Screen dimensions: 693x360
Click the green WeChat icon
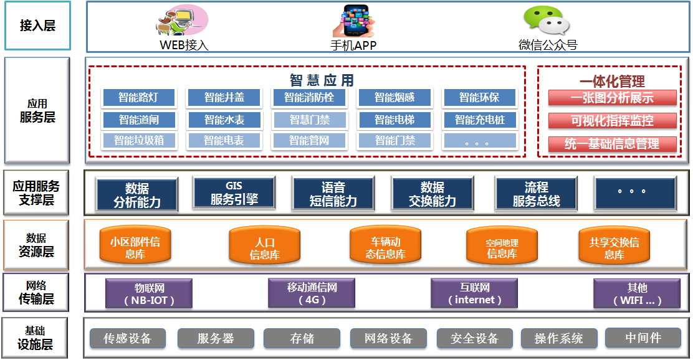pos(547,21)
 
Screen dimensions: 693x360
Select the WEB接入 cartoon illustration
pos(181,20)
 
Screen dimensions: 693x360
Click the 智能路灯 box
pos(139,98)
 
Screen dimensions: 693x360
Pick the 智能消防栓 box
pos(309,98)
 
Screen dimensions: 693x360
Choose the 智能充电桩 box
pos(479,120)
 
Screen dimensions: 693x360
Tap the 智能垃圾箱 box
pos(139,141)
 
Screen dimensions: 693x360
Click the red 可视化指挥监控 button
pos(612,121)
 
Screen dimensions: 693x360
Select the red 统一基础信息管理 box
pos(612,144)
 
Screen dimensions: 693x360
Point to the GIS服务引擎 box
pos(234,193)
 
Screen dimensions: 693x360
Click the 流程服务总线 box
pos(536,194)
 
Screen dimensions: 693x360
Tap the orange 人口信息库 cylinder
pos(264,245)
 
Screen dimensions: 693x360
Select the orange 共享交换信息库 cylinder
pos(614,245)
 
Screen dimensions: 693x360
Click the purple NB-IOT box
pos(149,294)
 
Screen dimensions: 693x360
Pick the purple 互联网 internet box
pos(474,293)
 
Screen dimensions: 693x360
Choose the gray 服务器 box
pos(216,338)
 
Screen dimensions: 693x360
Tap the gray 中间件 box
pos(643,338)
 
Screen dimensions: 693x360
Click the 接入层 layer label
pos(37,26)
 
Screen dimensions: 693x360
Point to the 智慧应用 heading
pos(322,80)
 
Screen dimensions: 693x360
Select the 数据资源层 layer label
pos(36,245)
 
